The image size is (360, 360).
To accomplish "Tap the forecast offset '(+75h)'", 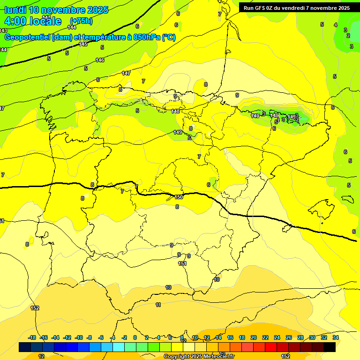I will (81, 21).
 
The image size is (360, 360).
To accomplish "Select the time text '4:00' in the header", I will (15, 21).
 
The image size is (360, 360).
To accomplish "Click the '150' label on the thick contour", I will (179, 197).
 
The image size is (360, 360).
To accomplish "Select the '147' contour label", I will (126, 73).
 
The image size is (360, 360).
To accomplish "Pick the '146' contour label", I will (100, 60).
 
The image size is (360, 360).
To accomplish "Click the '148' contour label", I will (175, 111).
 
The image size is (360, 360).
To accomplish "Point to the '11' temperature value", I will (158, 305).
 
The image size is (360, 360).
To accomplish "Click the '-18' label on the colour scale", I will (32, 337).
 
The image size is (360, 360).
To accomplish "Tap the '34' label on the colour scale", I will (336, 337).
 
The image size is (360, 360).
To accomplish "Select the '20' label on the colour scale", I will (254, 337).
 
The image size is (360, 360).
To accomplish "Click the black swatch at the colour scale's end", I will (330, 347).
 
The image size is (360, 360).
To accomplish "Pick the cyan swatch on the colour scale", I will (119, 347).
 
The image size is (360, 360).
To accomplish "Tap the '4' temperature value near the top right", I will (336, 25).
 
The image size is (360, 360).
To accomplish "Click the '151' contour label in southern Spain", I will (182, 263).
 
